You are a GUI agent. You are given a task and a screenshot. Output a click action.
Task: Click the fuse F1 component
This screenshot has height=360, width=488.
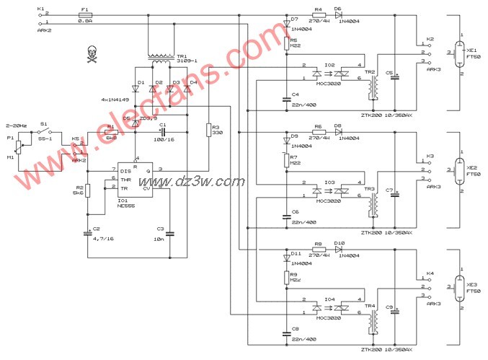[x=85, y=14]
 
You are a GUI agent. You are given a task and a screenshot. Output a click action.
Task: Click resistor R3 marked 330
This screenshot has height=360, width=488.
[x=207, y=130]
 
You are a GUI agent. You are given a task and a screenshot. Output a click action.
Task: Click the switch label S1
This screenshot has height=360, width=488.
[x=44, y=124]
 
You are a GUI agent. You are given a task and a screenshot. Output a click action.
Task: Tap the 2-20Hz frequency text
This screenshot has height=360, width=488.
[x=17, y=124]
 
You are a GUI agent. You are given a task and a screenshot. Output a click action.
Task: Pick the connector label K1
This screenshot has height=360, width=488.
[x=39, y=9]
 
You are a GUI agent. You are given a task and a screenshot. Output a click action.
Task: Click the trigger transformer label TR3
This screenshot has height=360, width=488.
[x=369, y=190]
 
